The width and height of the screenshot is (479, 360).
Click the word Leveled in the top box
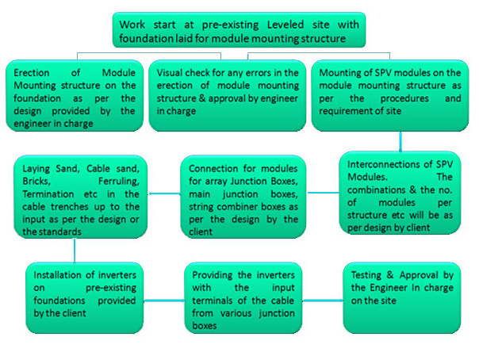(285, 25)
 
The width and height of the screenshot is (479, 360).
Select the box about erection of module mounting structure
(75, 96)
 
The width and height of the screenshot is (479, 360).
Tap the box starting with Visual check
(228, 96)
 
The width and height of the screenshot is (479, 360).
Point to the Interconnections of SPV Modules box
(400, 193)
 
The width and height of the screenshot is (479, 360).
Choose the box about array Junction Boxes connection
(243, 197)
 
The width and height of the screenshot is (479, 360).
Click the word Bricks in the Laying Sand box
(36, 182)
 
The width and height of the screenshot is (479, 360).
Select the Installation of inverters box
(85, 297)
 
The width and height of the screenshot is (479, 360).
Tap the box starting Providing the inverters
(243, 297)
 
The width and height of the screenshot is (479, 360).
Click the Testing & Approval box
(402, 297)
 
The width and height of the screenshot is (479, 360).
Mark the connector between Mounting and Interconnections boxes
(400, 141)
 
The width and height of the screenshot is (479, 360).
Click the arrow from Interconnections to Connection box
(323, 193)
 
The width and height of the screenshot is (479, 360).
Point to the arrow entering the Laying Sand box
(164, 194)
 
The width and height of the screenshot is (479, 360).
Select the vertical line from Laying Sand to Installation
(75, 250)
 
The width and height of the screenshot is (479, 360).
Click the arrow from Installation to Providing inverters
(164, 301)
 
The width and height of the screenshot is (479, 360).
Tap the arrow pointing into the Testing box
(323, 301)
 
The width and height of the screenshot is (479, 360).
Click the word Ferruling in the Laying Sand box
(118, 182)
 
